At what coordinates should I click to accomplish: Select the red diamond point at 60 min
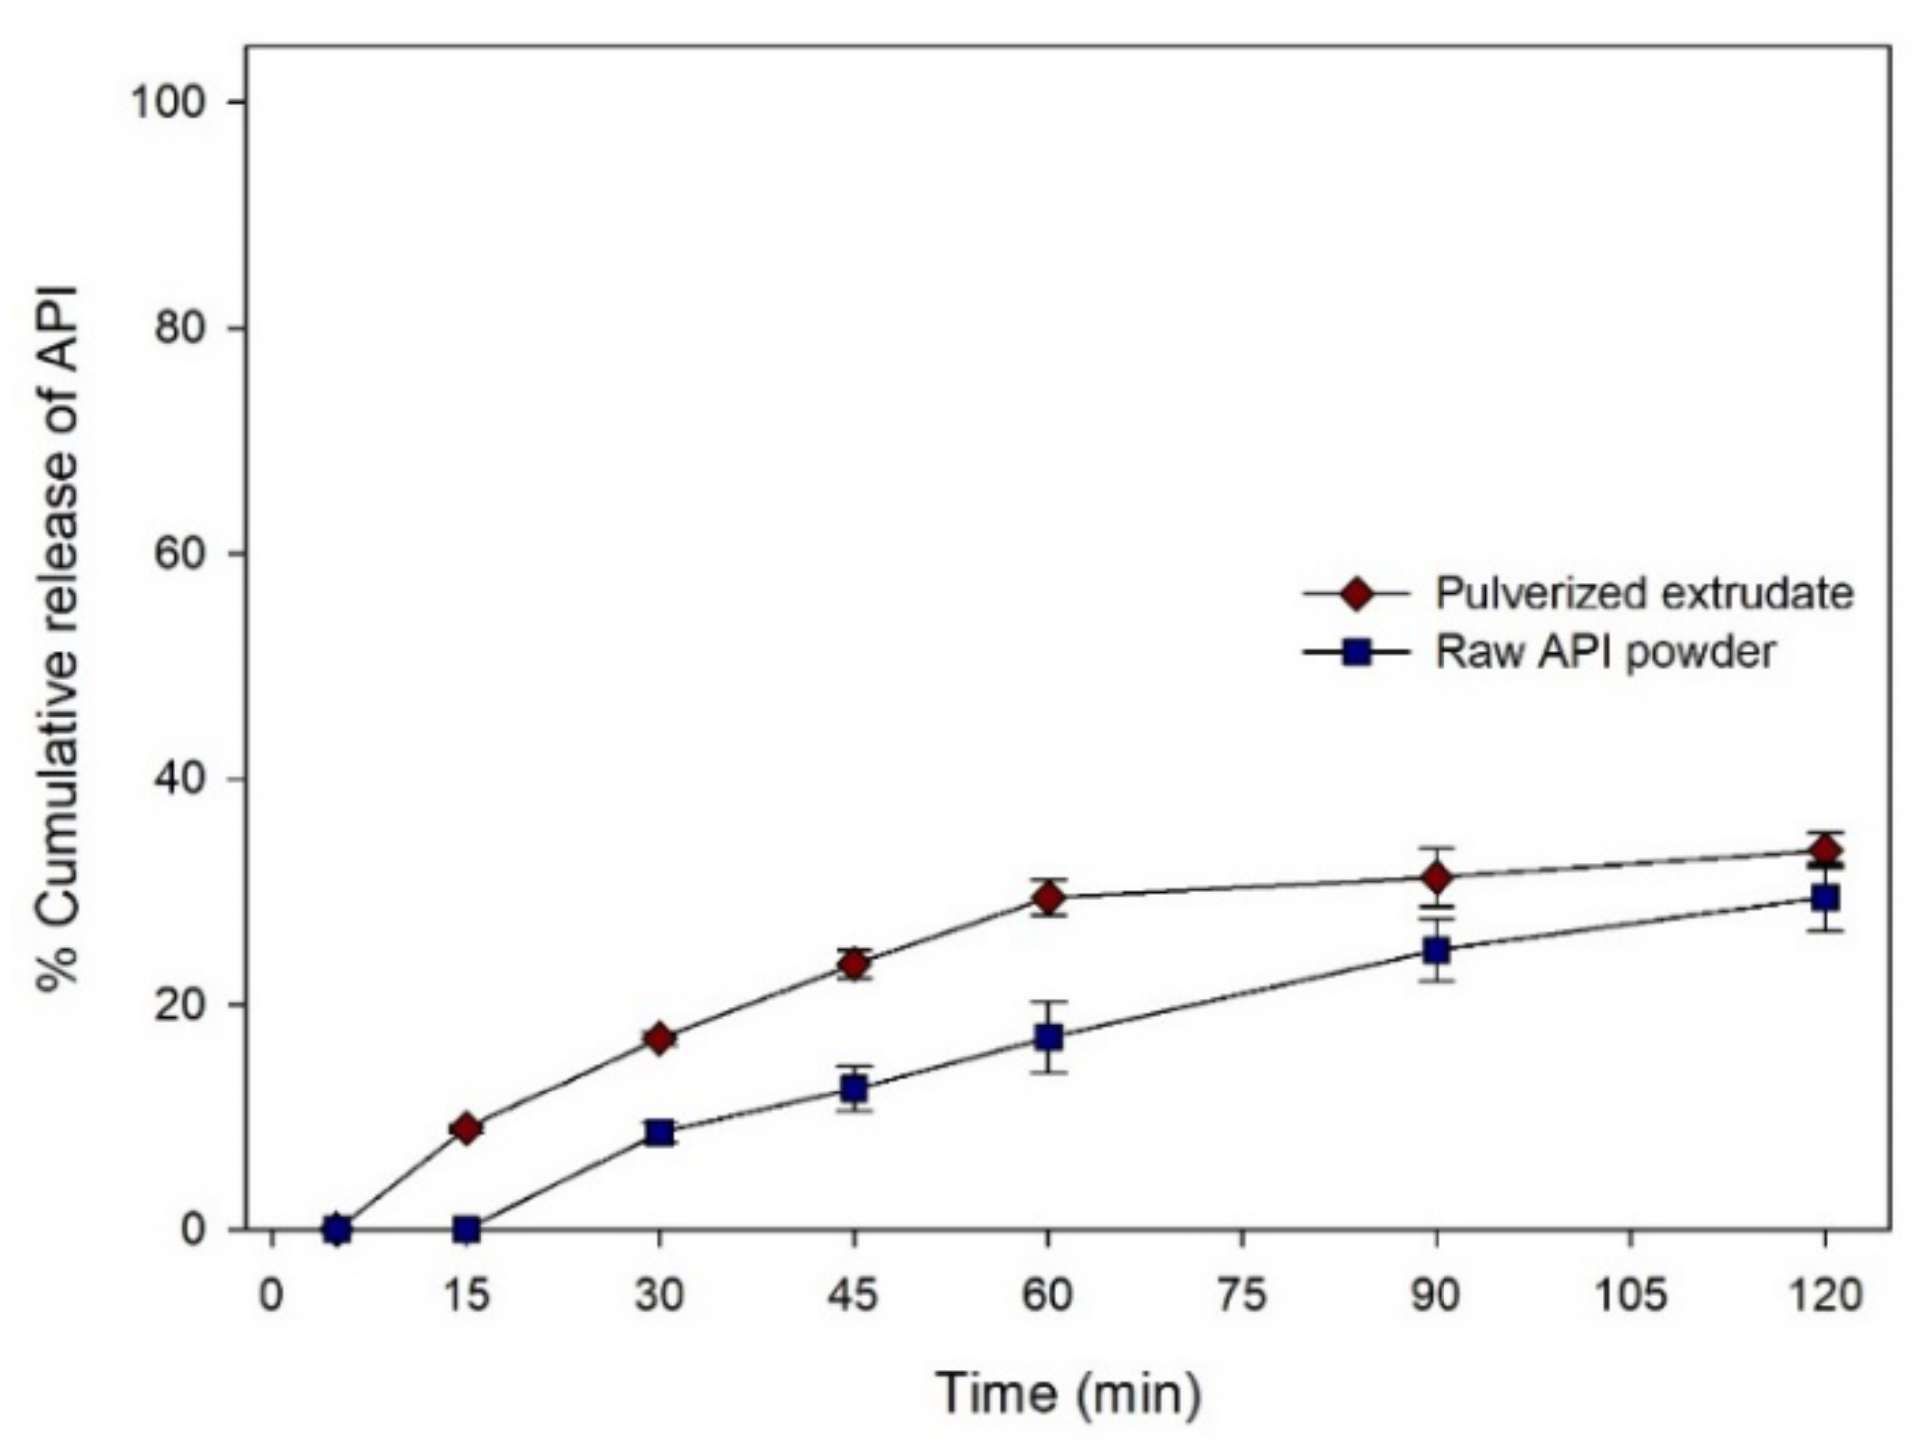coord(1048,897)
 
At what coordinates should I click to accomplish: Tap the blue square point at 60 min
coord(1048,1037)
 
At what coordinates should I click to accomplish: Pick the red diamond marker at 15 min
coord(466,1128)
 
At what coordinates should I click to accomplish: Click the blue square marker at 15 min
coord(466,1229)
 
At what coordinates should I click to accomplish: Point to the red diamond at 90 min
coord(1437,877)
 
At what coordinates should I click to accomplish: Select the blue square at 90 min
coord(1437,949)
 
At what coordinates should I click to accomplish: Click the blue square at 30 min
coord(659,1132)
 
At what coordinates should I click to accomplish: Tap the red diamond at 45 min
coord(854,963)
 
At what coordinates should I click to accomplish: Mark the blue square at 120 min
coord(1825,898)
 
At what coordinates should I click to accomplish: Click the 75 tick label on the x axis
coord(1242,1296)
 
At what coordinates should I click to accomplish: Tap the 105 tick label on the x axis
coord(1630,1296)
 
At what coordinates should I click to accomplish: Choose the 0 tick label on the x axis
coord(271,1296)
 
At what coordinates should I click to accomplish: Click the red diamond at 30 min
coord(659,1039)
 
